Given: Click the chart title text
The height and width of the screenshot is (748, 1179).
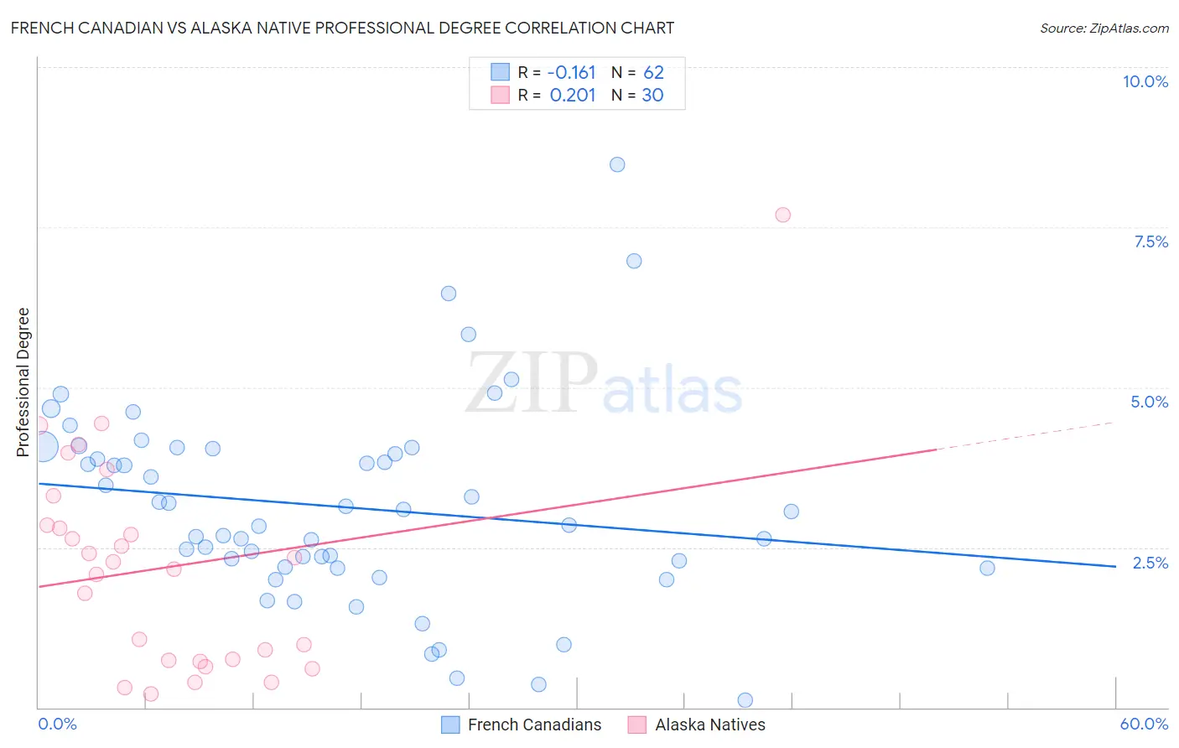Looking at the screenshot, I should [342, 28].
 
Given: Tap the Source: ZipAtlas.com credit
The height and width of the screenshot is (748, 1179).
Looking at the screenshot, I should [1104, 28].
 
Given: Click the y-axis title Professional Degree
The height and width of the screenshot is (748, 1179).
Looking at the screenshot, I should [23, 382].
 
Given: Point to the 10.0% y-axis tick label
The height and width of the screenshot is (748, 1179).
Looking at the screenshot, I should [1145, 81].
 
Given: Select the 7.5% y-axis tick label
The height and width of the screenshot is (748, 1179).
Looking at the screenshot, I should [1150, 242].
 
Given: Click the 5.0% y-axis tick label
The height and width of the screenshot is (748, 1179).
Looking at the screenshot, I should [1149, 402].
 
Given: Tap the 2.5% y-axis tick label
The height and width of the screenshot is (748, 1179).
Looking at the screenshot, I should [1150, 563].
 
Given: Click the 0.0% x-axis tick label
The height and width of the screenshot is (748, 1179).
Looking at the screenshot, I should [57, 724].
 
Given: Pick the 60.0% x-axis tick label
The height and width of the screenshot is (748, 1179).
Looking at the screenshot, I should [1144, 724].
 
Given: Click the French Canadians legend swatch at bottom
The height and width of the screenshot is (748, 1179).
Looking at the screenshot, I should [450, 725].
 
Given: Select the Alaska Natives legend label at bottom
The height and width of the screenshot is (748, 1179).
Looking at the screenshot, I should [709, 725].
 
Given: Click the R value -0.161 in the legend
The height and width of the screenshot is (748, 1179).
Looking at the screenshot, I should [571, 72].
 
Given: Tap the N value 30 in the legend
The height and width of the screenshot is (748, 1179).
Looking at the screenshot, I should [652, 95].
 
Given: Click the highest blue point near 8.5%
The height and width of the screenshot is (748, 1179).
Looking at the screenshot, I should [617, 164].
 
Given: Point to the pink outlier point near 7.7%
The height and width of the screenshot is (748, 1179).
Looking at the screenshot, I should [782, 215].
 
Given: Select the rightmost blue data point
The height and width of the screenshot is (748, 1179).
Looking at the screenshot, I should [987, 568].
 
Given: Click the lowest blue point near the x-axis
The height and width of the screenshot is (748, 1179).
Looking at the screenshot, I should [745, 700].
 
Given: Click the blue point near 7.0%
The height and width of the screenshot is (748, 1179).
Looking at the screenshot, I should [634, 261].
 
